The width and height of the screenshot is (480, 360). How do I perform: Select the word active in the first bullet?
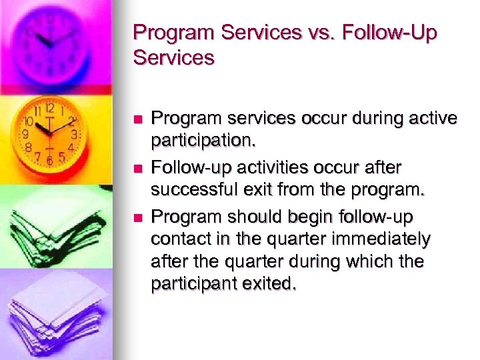pos(432,118)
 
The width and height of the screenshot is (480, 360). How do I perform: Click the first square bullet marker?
pos(137,119)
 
